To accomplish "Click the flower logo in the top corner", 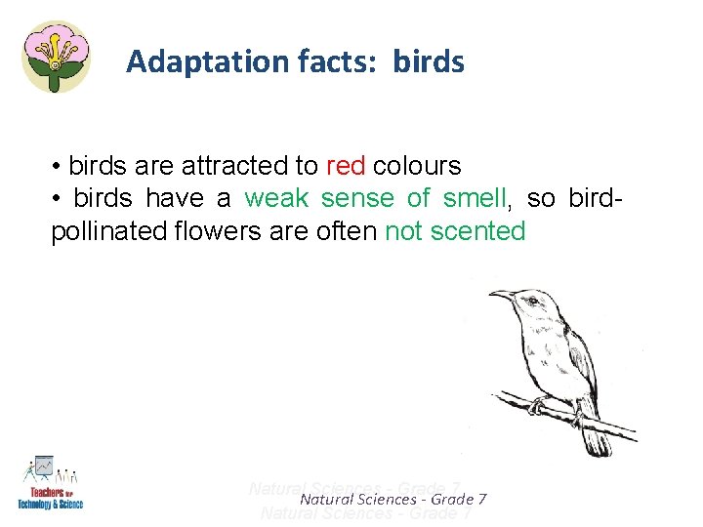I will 56,56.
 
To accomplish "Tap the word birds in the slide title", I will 429,62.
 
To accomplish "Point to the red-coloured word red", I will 346,165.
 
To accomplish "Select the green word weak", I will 276,199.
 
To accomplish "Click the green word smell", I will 475,199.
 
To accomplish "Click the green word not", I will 403,232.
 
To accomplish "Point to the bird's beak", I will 500,294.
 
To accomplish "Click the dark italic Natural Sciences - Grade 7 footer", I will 393,500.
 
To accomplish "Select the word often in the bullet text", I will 348,232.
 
